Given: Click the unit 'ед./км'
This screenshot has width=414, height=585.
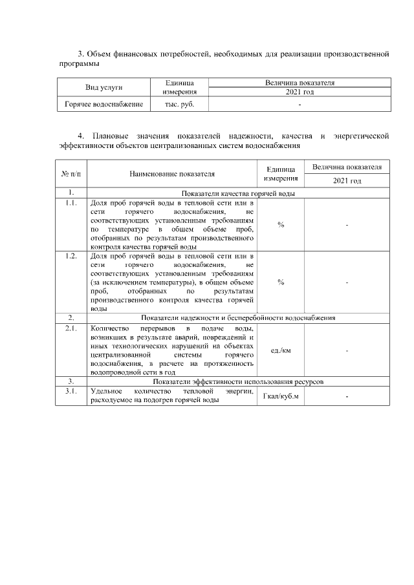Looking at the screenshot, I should click(x=281, y=350).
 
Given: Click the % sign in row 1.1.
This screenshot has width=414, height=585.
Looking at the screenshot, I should click(x=281, y=225).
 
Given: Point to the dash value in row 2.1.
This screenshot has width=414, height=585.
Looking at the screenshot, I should click(x=347, y=350).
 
